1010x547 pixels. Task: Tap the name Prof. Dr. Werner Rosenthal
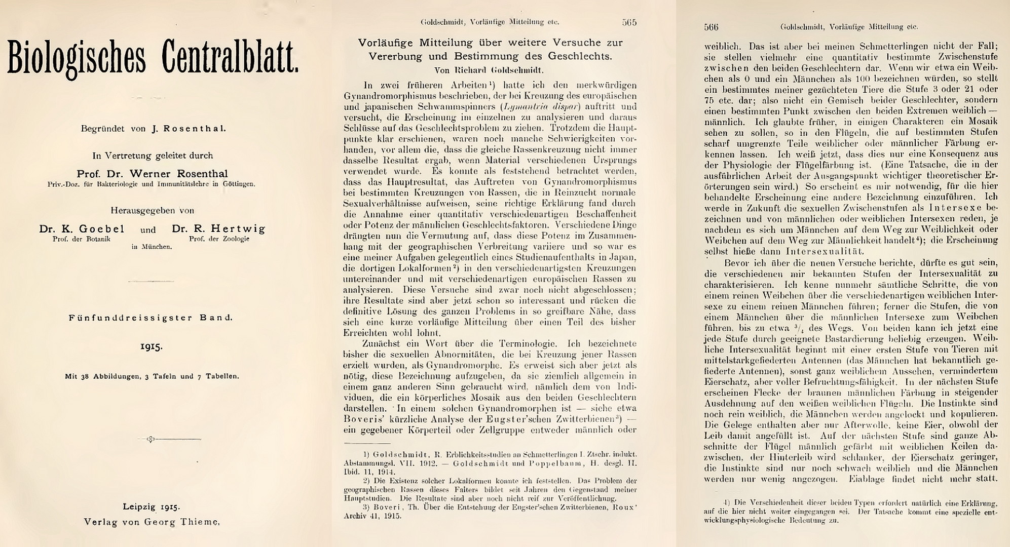[152, 174]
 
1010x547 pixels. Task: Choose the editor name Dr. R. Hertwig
[218, 229]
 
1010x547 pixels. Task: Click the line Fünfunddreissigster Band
[151, 318]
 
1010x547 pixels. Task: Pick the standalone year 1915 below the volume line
[152, 347]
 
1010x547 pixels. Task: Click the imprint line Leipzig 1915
[152, 506]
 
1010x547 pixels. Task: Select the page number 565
[629, 22]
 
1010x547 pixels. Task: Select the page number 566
[712, 27]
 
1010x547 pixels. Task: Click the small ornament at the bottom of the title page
[151, 439]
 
